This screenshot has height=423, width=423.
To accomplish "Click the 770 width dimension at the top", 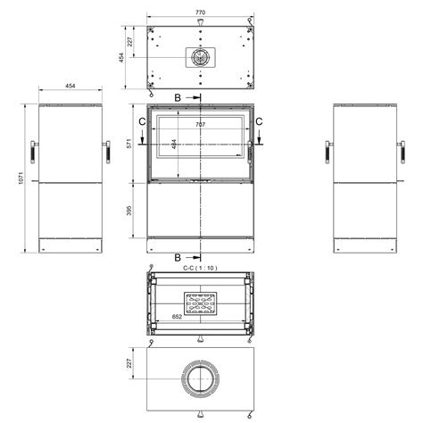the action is [200, 12].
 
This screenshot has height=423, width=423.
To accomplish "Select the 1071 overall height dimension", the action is [21, 178].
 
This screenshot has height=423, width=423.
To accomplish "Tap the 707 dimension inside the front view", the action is [201, 125].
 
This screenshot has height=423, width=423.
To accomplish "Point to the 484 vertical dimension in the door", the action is [174, 144].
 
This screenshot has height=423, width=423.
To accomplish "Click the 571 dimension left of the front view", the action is [129, 144].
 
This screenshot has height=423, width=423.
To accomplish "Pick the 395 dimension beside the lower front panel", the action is [129, 211].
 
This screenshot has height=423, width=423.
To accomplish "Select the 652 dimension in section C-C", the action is [177, 317].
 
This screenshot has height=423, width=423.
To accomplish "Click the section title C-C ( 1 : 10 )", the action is [200, 268].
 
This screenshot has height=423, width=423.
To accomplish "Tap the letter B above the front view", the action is [178, 97].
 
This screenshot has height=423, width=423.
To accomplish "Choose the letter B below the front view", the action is [178, 257].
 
